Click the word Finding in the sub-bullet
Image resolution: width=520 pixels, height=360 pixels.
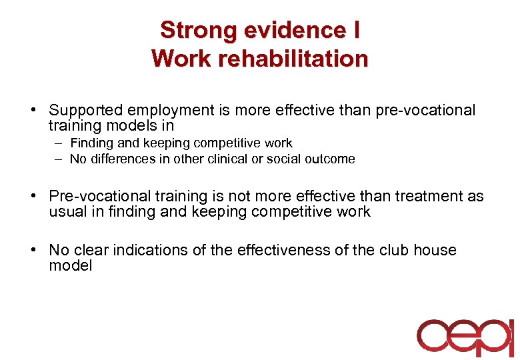[91, 143]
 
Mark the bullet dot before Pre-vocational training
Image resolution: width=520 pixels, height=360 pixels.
[41, 197]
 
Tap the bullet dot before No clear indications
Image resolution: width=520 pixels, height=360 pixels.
[41, 251]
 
